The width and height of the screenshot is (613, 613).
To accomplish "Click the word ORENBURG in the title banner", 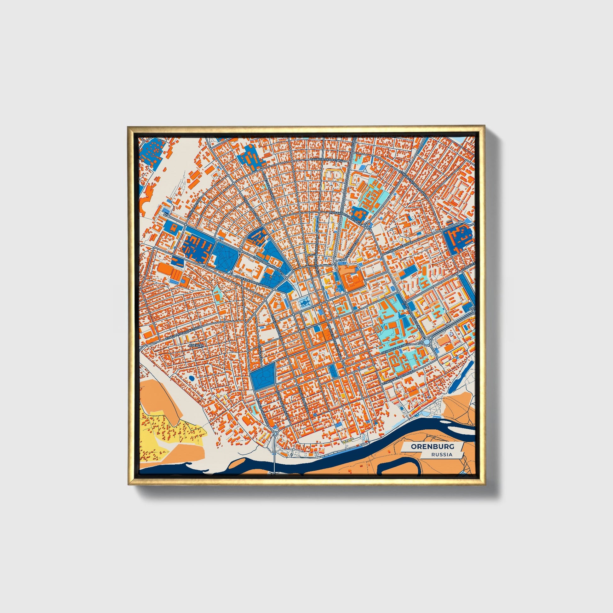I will pyautogui.click(x=432, y=447).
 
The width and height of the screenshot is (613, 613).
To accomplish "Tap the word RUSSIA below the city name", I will pyautogui.click(x=442, y=455).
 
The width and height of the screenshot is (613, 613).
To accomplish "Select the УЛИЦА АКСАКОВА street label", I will pyautogui.click(x=399, y=246).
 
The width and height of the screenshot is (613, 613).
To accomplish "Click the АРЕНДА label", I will pyautogui.click(x=196, y=345).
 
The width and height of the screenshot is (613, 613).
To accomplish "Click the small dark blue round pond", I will pyautogui.click(x=192, y=378).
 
